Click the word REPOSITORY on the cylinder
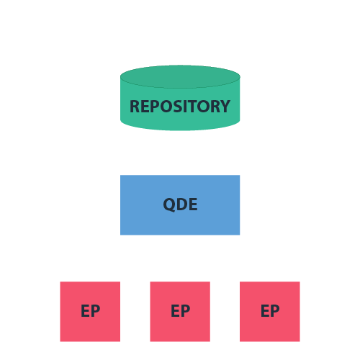coord(180,107)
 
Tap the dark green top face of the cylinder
coord(180,76)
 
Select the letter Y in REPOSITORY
coord(225,107)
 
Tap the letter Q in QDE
coord(170,204)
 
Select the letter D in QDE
coord(182,204)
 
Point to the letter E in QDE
coord(193,204)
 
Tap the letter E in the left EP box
coord(86,312)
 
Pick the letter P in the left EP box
coord(95,312)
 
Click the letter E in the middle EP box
coord(176,312)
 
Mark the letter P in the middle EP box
coord(185,312)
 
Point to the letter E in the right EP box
coord(266,312)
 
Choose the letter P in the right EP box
coord(275,312)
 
